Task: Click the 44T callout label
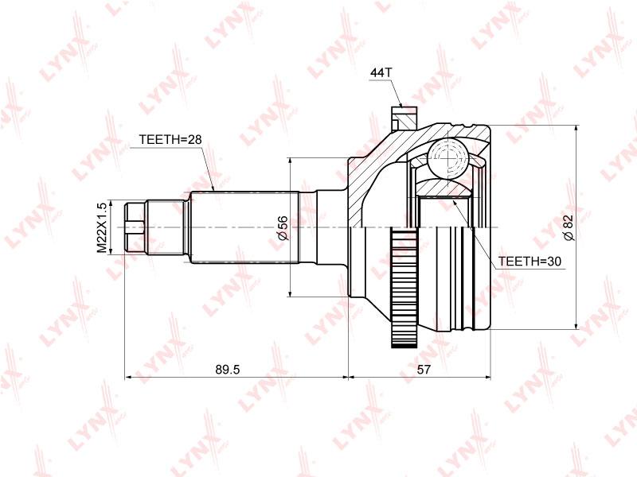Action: click(381, 73)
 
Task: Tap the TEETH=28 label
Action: click(170, 140)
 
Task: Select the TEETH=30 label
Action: click(530, 262)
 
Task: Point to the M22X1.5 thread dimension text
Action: click(102, 227)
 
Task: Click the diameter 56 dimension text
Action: click(283, 228)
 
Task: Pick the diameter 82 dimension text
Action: click(569, 227)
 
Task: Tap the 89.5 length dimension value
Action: click(228, 369)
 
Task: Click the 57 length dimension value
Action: click(424, 369)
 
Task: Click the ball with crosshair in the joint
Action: click(447, 158)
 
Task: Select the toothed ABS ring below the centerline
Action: click(404, 289)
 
